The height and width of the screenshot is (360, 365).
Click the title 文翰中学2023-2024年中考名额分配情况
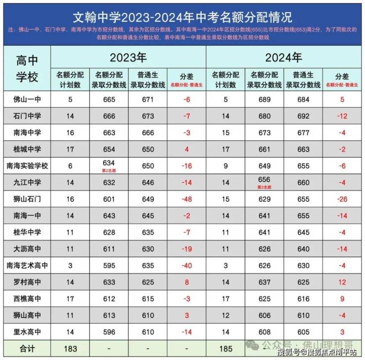182,17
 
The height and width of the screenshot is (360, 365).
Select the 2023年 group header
128,57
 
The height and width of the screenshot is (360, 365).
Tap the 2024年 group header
284,57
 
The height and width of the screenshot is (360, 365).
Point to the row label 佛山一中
27,99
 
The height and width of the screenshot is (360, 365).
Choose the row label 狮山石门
27,199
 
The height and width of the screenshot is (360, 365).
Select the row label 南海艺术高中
27,266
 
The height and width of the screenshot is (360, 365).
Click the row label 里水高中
27,332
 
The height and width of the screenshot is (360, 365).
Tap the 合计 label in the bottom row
27,349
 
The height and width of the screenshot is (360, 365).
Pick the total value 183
70,349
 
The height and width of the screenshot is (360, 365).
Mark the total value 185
225,349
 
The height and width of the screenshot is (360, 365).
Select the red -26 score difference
342,199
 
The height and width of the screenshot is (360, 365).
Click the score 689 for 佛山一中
264,99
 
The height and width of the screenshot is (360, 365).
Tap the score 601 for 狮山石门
109,199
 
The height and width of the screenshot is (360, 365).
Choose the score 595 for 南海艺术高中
109,266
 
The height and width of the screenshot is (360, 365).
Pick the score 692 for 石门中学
303,116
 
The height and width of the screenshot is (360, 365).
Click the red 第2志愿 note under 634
109,170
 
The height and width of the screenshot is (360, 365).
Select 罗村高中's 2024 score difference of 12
342,282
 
